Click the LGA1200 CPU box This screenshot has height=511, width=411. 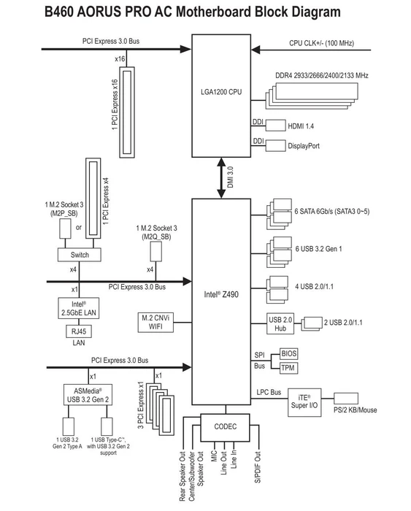(x=221, y=96)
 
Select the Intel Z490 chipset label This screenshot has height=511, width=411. (x=221, y=294)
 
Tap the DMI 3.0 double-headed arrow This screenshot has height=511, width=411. (x=221, y=178)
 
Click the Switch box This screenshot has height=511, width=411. (x=79, y=255)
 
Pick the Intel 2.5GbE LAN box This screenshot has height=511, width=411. (x=79, y=308)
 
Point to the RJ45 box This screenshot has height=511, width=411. (x=79, y=331)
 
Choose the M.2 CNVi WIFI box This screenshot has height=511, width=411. (x=155, y=323)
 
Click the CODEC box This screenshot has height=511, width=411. (x=225, y=427)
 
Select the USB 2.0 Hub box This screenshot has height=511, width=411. (x=280, y=323)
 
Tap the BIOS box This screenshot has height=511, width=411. (x=289, y=353)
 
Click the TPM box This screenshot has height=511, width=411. (x=289, y=368)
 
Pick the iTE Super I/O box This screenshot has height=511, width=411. (x=304, y=402)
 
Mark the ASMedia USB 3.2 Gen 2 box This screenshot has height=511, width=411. (x=88, y=395)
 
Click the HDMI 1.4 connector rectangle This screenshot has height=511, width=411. (x=275, y=126)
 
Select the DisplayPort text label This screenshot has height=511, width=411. (x=304, y=146)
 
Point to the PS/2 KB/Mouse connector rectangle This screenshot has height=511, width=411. (x=346, y=399)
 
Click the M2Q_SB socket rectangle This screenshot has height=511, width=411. (x=155, y=252)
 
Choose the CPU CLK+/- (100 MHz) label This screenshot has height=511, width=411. (x=321, y=43)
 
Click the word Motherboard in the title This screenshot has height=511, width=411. (x=213, y=12)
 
